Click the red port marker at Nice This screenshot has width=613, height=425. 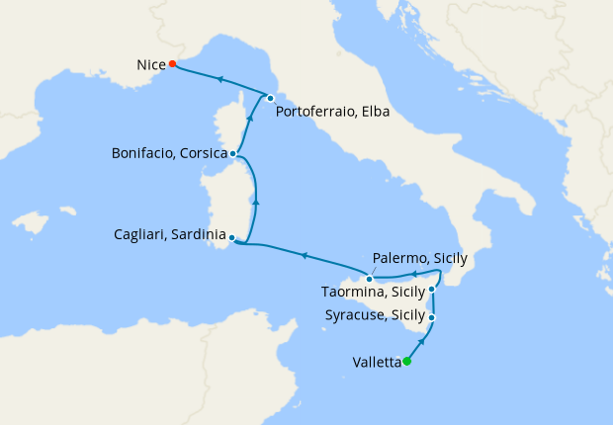(172, 64)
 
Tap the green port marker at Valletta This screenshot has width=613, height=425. (406, 361)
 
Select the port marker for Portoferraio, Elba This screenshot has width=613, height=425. (270, 97)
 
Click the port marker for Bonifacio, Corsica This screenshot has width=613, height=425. (232, 153)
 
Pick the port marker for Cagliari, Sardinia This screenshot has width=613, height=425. (231, 237)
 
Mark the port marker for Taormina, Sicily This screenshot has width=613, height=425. (432, 290)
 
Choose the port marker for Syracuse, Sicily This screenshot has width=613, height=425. (433, 317)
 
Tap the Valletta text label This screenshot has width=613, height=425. (376, 363)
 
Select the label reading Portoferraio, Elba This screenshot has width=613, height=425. (333, 113)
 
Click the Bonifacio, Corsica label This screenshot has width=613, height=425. (169, 154)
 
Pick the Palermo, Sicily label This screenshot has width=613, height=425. (419, 258)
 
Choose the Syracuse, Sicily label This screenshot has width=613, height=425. (376, 316)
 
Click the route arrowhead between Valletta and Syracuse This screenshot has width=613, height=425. (422, 341)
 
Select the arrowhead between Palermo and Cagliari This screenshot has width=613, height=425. (305, 256)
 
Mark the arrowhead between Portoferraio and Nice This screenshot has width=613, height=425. (220, 79)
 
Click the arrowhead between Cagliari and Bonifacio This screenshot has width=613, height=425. (256, 201)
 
